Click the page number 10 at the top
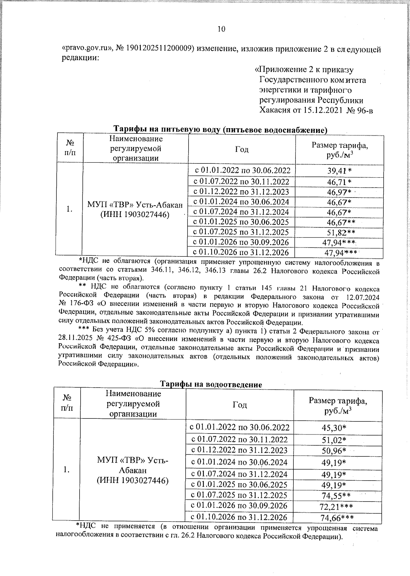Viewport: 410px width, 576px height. [x=221, y=29]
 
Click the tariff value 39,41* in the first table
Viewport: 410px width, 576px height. [x=339, y=170]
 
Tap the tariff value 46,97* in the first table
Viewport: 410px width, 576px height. [x=339, y=192]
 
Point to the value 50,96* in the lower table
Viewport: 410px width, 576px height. [x=334, y=451]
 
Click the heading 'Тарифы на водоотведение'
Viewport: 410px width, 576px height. [x=211, y=384]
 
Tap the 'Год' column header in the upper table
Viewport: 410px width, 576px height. [x=242, y=149]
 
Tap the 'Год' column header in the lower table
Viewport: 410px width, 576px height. [x=240, y=405]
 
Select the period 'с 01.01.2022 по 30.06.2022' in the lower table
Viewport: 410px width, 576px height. [x=240, y=427]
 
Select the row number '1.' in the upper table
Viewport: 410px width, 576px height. [x=69, y=209]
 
